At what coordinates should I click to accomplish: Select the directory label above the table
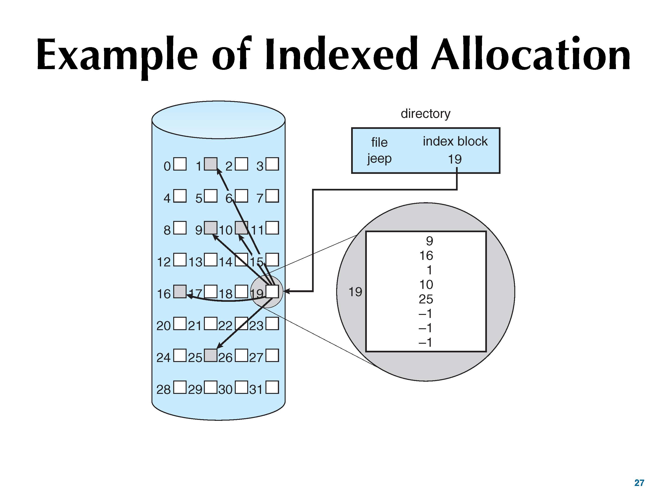pos(425,114)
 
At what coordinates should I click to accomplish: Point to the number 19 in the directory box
pos(455,159)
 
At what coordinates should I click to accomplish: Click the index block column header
pos(455,141)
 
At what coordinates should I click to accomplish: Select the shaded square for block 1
pos(211,164)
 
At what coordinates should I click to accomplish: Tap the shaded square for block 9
pos(211,228)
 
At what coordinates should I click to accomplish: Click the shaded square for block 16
pos(180,291)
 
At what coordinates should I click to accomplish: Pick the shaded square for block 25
pos(211,355)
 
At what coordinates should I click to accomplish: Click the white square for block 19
pos(272,291)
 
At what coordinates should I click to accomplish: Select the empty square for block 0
pos(180,164)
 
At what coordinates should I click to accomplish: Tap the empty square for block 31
pos(272,387)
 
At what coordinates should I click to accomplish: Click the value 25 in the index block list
pos(426,299)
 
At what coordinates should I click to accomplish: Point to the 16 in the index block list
pos(426,256)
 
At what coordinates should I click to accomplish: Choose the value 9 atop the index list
pos(429,241)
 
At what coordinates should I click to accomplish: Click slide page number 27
pos(639,483)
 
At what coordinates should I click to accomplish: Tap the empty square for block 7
pos(272,196)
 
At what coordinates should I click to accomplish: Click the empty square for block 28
pos(180,387)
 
